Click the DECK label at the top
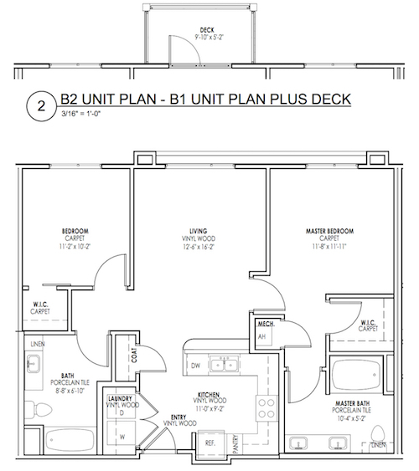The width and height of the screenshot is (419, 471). tap(207, 30)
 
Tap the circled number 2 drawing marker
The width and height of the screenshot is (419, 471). tap(41, 106)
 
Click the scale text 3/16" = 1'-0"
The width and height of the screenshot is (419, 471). tap(80, 114)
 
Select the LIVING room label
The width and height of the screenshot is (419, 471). tap(199, 231)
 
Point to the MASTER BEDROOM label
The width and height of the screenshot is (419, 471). tap(329, 231)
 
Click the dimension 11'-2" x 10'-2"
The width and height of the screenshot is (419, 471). tap(75, 247)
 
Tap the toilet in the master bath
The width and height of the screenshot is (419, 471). tap(378, 435)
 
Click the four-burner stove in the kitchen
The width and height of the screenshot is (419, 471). tap(266, 408)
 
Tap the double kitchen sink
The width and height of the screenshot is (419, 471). tap(224, 365)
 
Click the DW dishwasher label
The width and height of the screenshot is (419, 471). tap(195, 366)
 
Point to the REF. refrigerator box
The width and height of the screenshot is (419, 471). tap(211, 443)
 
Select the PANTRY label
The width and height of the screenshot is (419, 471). tap(235, 443)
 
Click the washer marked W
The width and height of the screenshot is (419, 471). tap(122, 437)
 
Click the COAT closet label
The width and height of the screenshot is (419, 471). tap(134, 355)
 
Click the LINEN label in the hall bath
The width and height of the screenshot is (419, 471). tap(38, 344)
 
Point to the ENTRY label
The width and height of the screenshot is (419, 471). tap(178, 417)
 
